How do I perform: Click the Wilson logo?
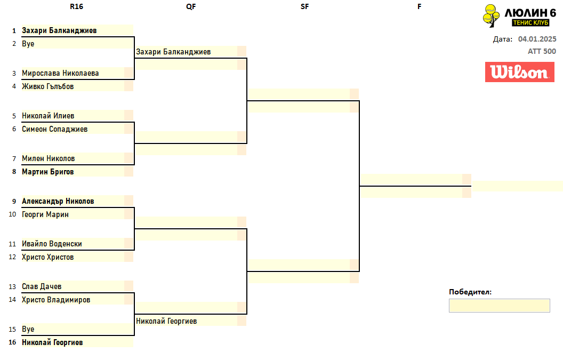point(520,72)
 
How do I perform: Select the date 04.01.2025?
point(537,39)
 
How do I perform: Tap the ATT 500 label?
point(542,51)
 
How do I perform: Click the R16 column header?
point(76,6)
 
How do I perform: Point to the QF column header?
point(191,6)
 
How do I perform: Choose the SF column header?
point(304,6)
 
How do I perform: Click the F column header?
point(420,6)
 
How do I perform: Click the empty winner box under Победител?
point(500,306)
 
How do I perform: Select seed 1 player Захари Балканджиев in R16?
point(59,30)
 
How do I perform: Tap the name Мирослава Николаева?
point(60,73)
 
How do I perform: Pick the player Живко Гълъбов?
point(48,86)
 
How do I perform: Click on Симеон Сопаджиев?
point(54,129)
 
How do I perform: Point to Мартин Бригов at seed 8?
point(48,172)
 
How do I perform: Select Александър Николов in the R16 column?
point(58,201)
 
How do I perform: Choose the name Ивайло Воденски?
point(52,244)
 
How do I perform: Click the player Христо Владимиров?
point(56,300)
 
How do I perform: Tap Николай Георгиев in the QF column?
point(166,321)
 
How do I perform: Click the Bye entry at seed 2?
point(28,44)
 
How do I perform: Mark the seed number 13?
point(13,287)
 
